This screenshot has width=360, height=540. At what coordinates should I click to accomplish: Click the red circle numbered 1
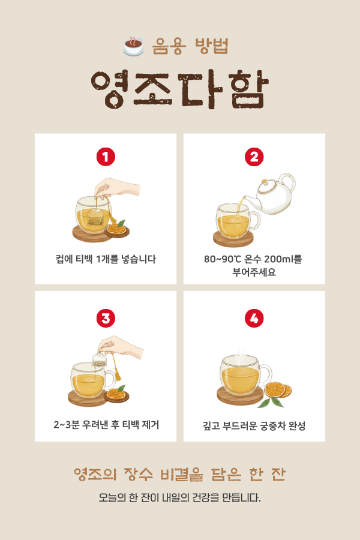click(106, 157)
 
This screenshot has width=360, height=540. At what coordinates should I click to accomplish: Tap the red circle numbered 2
click(254, 157)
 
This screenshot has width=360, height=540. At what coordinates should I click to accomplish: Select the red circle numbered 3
click(106, 318)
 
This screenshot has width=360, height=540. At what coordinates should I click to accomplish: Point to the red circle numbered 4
click(254, 318)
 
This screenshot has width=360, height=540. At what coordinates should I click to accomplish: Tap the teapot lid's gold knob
click(264, 181)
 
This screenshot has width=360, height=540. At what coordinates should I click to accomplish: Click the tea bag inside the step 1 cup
click(95, 217)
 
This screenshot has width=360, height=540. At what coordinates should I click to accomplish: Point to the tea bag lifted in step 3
click(100, 359)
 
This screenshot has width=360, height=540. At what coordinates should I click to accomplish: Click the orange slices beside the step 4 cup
click(278, 389)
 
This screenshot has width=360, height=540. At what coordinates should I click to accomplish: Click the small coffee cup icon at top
click(133, 46)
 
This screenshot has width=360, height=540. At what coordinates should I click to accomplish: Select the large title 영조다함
click(179, 89)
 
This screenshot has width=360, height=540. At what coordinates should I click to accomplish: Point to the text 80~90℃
click(223, 259)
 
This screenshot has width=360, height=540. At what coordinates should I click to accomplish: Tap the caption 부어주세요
click(254, 272)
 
